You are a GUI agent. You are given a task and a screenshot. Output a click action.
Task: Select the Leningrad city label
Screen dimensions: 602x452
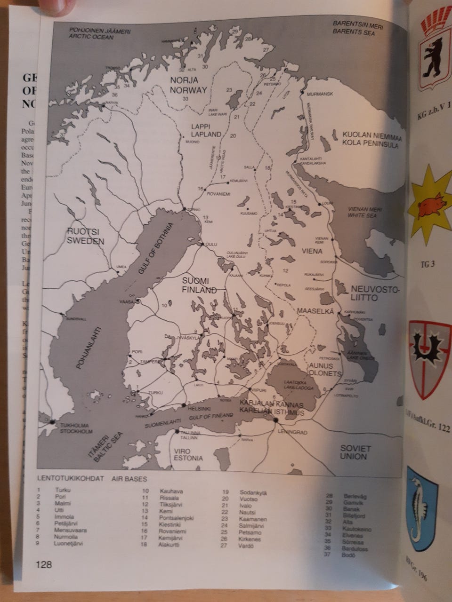[292, 432]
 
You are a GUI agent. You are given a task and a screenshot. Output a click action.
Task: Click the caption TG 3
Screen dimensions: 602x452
[427, 264]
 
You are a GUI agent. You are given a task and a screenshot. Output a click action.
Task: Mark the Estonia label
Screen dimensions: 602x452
[188, 458]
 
